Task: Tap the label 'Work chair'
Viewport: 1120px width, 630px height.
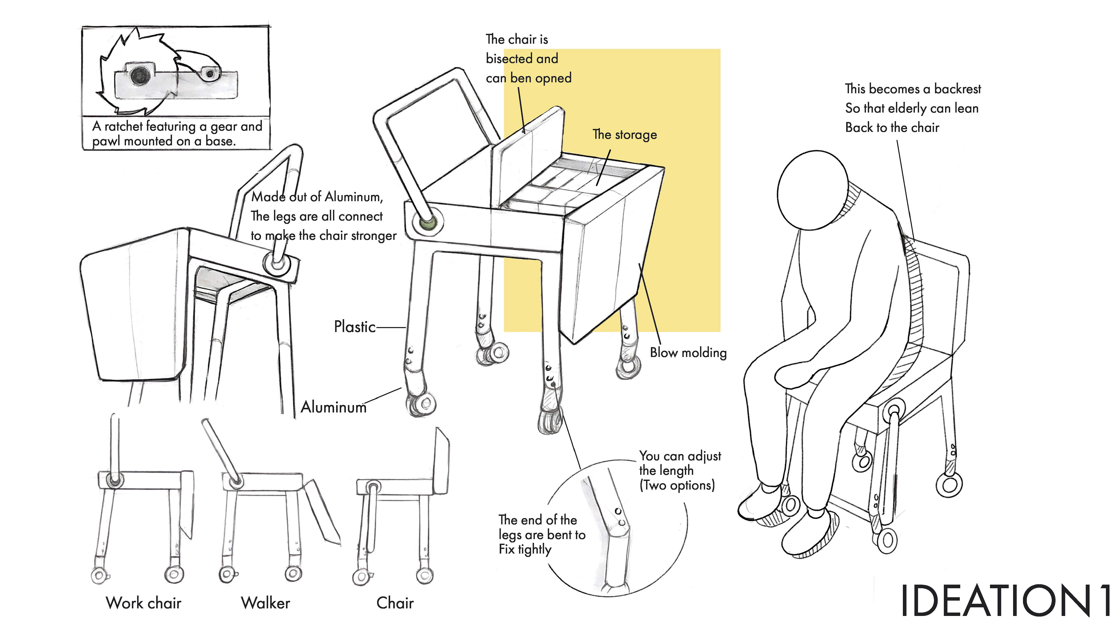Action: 143,603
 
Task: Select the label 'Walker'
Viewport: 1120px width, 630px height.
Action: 265,603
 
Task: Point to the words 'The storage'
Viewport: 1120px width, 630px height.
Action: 625,135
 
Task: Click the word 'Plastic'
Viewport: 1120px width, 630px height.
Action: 354,327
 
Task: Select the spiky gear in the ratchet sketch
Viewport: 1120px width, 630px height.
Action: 130,65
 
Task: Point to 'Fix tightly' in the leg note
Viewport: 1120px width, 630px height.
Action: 525,549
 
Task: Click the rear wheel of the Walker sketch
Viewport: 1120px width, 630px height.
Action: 293,574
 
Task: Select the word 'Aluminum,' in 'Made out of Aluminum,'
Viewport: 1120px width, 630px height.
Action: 354,197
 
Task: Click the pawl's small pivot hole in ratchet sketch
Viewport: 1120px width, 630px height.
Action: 210,74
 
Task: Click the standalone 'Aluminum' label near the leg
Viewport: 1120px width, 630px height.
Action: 333,407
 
